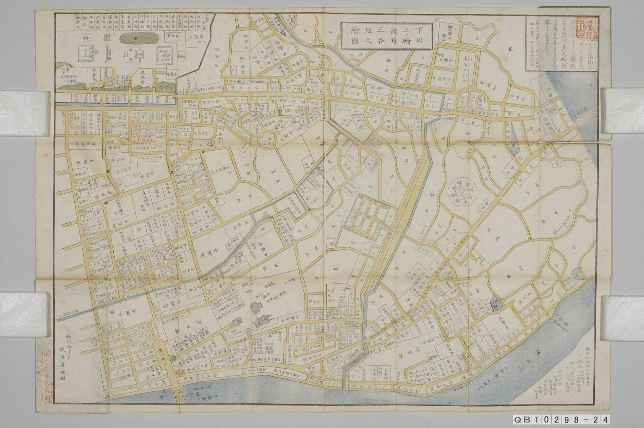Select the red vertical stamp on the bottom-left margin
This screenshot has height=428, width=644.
(47, 369)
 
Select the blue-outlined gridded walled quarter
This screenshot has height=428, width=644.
(368, 217)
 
